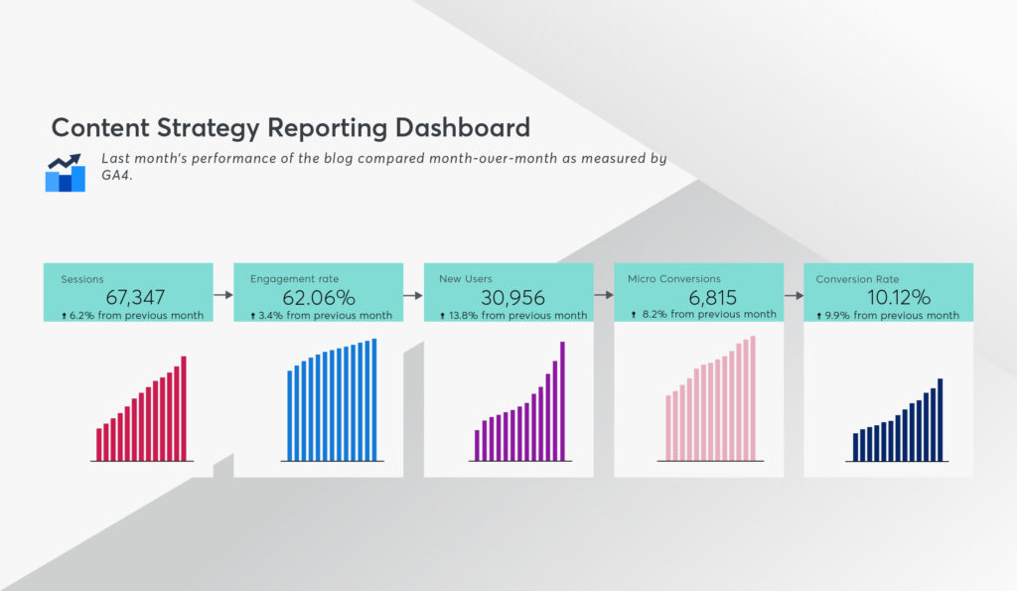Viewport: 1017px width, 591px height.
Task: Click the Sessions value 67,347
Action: pyautogui.click(x=135, y=297)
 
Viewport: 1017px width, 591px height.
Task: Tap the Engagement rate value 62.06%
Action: pyautogui.click(x=319, y=298)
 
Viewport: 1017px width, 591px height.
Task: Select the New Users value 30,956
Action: pyautogui.click(x=512, y=298)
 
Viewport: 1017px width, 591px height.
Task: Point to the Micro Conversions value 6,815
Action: pyautogui.click(x=712, y=298)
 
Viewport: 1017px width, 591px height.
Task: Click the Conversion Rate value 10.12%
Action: pyautogui.click(x=899, y=298)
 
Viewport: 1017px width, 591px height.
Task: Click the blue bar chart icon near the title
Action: pyautogui.click(x=65, y=173)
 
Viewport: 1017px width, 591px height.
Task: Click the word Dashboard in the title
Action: pyautogui.click(x=463, y=128)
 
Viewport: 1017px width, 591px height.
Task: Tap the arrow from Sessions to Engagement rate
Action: pyautogui.click(x=223, y=295)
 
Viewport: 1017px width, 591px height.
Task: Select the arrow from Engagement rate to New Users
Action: pyautogui.click(x=413, y=295)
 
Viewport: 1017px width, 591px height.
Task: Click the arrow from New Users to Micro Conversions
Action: pyautogui.click(x=604, y=295)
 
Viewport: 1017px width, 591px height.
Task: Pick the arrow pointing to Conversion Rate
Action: pyautogui.click(x=794, y=295)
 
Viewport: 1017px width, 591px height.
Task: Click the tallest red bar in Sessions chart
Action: pyautogui.click(x=184, y=408)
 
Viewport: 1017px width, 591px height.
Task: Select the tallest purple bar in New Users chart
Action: pyautogui.click(x=562, y=401)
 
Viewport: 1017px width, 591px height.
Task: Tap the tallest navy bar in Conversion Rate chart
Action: pyautogui.click(x=941, y=420)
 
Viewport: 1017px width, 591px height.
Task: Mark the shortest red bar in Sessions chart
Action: pyautogui.click(x=99, y=444)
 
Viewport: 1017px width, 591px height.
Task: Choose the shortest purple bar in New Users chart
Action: pyautogui.click(x=478, y=446)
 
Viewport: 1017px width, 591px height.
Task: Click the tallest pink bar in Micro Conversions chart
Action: pyautogui.click(x=753, y=398)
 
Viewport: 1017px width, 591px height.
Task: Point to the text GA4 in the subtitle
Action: pyautogui.click(x=116, y=175)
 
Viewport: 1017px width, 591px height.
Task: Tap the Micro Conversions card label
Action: pyautogui.click(x=674, y=279)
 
